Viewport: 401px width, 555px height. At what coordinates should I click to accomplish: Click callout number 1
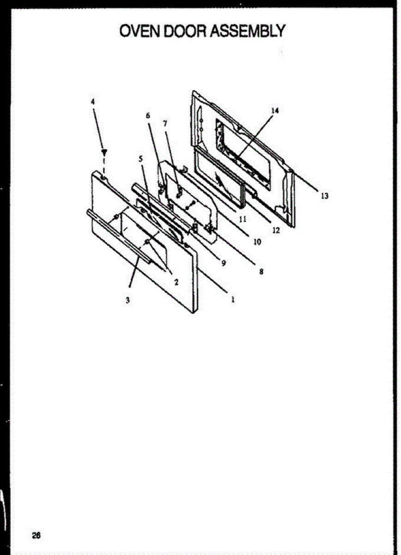click(233, 299)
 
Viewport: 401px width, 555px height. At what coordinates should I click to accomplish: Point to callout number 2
click(176, 282)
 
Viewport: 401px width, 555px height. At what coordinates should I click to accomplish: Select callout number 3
click(128, 300)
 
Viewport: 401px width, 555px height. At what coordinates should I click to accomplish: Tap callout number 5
click(141, 158)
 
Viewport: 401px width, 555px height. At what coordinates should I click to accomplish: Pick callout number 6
click(148, 116)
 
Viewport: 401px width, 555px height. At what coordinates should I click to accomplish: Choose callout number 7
click(165, 123)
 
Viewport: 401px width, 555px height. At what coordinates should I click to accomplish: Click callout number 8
click(261, 272)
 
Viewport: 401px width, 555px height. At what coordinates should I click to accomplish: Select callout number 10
click(257, 241)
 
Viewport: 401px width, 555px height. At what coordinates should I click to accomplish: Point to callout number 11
click(242, 219)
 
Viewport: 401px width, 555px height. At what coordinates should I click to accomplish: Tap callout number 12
click(276, 230)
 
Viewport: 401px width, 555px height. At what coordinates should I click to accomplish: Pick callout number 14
click(275, 111)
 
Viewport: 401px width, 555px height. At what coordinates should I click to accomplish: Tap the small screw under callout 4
click(104, 152)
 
